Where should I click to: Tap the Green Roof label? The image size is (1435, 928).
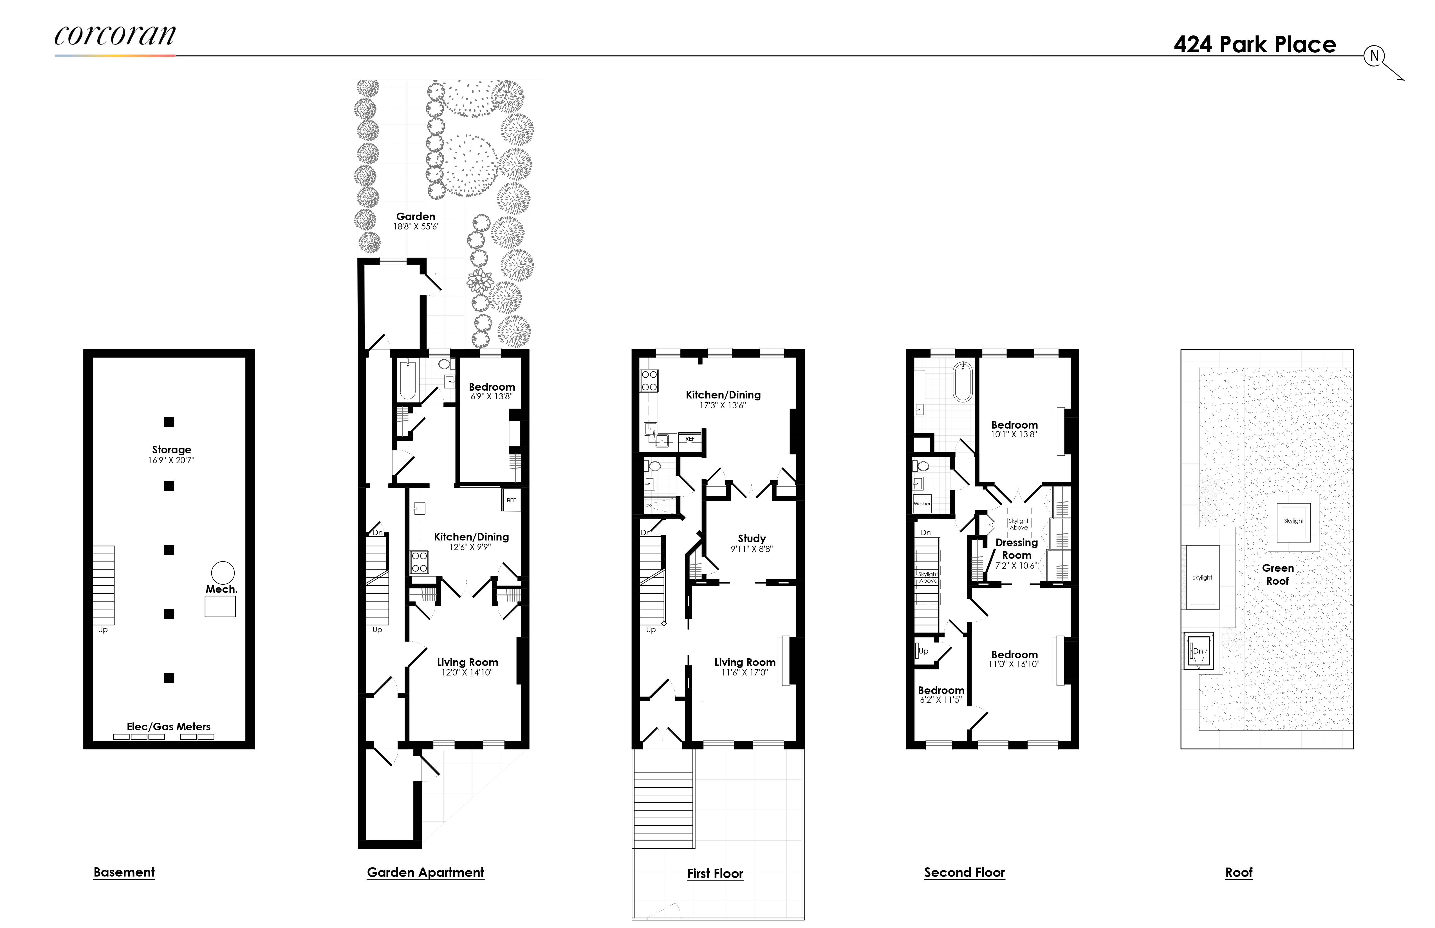pos(1278,574)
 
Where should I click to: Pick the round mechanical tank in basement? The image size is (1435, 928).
pos(223,573)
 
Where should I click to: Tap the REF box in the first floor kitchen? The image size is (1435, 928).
pos(690,439)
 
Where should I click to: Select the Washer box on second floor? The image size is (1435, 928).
pos(922,504)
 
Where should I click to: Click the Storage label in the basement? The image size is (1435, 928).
pos(171,450)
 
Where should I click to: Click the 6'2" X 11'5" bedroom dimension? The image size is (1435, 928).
pos(941,700)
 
